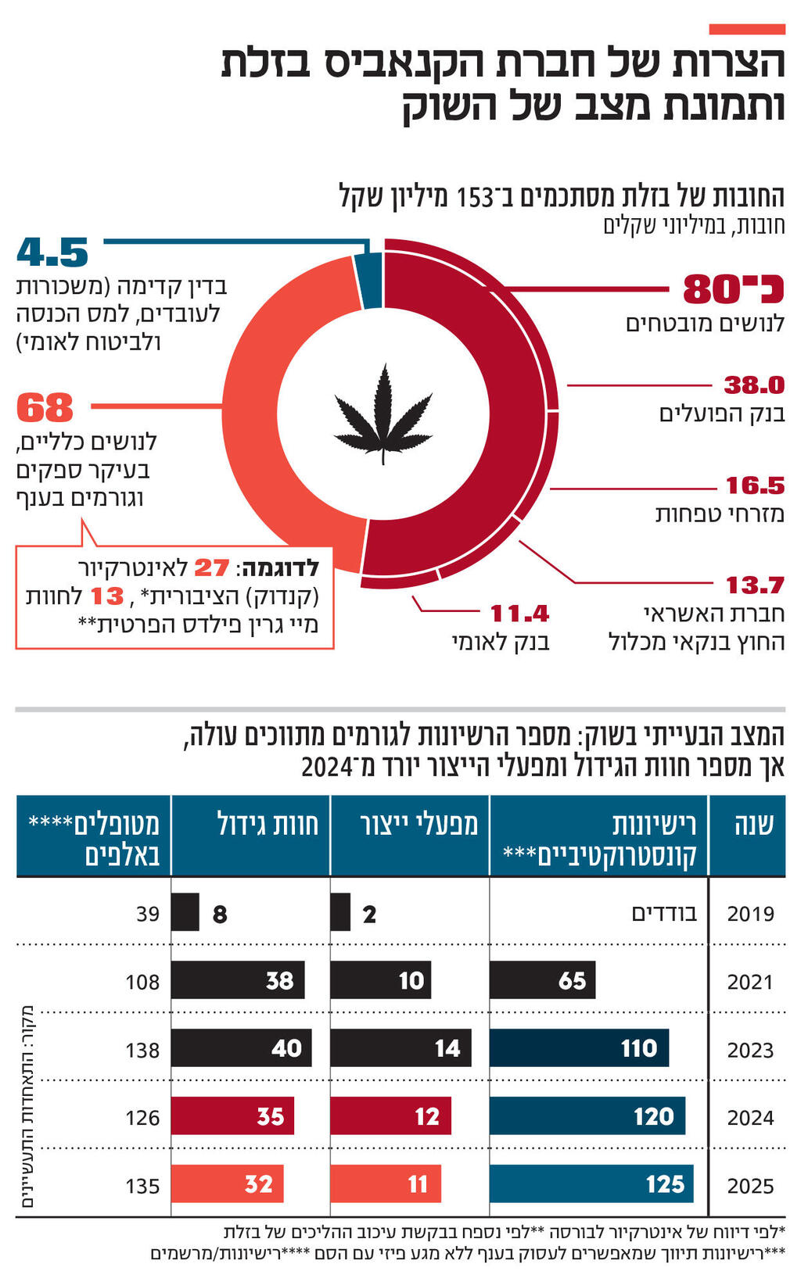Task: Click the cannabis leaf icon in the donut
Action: coord(383,414)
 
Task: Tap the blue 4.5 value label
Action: coord(52,252)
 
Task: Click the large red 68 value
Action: coord(45,407)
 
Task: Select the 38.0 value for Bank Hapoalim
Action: coord(753,385)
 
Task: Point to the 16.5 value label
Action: coord(754,485)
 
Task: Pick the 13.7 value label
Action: coord(754,585)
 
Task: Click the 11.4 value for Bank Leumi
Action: coord(519,613)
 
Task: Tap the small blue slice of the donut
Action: coord(368,281)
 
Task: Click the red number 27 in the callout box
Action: coord(211,567)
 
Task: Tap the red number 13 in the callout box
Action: coord(107,596)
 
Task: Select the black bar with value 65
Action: coord(542,980)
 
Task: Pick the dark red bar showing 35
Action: coord(232,1115)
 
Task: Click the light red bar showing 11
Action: coord(386,1183)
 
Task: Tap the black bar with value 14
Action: coord(400,1048)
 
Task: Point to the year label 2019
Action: coord(750,913)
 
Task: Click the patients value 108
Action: coord(142,982)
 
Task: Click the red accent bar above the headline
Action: coord(746,30)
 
